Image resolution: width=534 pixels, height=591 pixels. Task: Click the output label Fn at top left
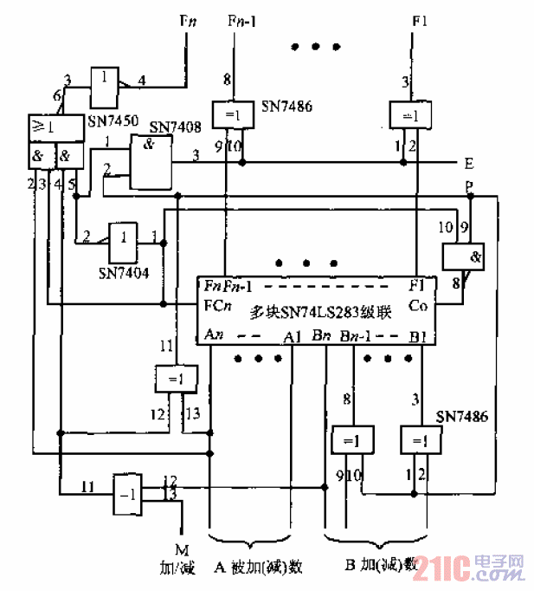(x=186, y=17)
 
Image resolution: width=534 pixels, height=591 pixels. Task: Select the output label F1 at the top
(x=420, y=17)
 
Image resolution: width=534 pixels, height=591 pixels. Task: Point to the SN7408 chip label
(x=177, y=127)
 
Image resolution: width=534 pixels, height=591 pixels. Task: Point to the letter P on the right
(x=469, y=187)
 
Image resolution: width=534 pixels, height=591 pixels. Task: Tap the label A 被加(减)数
(x=257, y=567)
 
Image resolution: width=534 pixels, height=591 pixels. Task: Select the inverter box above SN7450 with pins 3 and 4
(x=105, y=79)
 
